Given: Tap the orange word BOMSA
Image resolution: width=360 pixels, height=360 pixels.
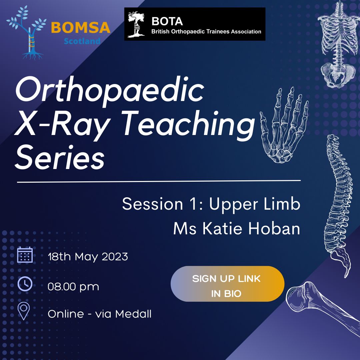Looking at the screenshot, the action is click(x=81, y=28).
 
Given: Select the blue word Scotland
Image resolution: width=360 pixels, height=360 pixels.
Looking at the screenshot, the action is click(x=82, y=41).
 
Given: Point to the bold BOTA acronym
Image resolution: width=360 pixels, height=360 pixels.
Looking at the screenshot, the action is click(x=167, y=21).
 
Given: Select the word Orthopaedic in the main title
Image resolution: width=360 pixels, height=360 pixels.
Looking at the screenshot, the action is click(x=110, y=90).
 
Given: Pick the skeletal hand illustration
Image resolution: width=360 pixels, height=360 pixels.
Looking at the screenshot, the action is click(x=284, y=125).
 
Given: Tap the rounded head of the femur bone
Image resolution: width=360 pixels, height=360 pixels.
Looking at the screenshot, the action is click(x=298, y=298).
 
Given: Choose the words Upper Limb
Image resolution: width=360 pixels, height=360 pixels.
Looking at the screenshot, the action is click(x=255, y=204).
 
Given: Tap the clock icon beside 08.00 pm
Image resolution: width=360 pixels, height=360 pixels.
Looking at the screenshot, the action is click(x=25, y=284).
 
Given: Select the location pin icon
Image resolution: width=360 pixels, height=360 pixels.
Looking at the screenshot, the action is click(x=24, y=311).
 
